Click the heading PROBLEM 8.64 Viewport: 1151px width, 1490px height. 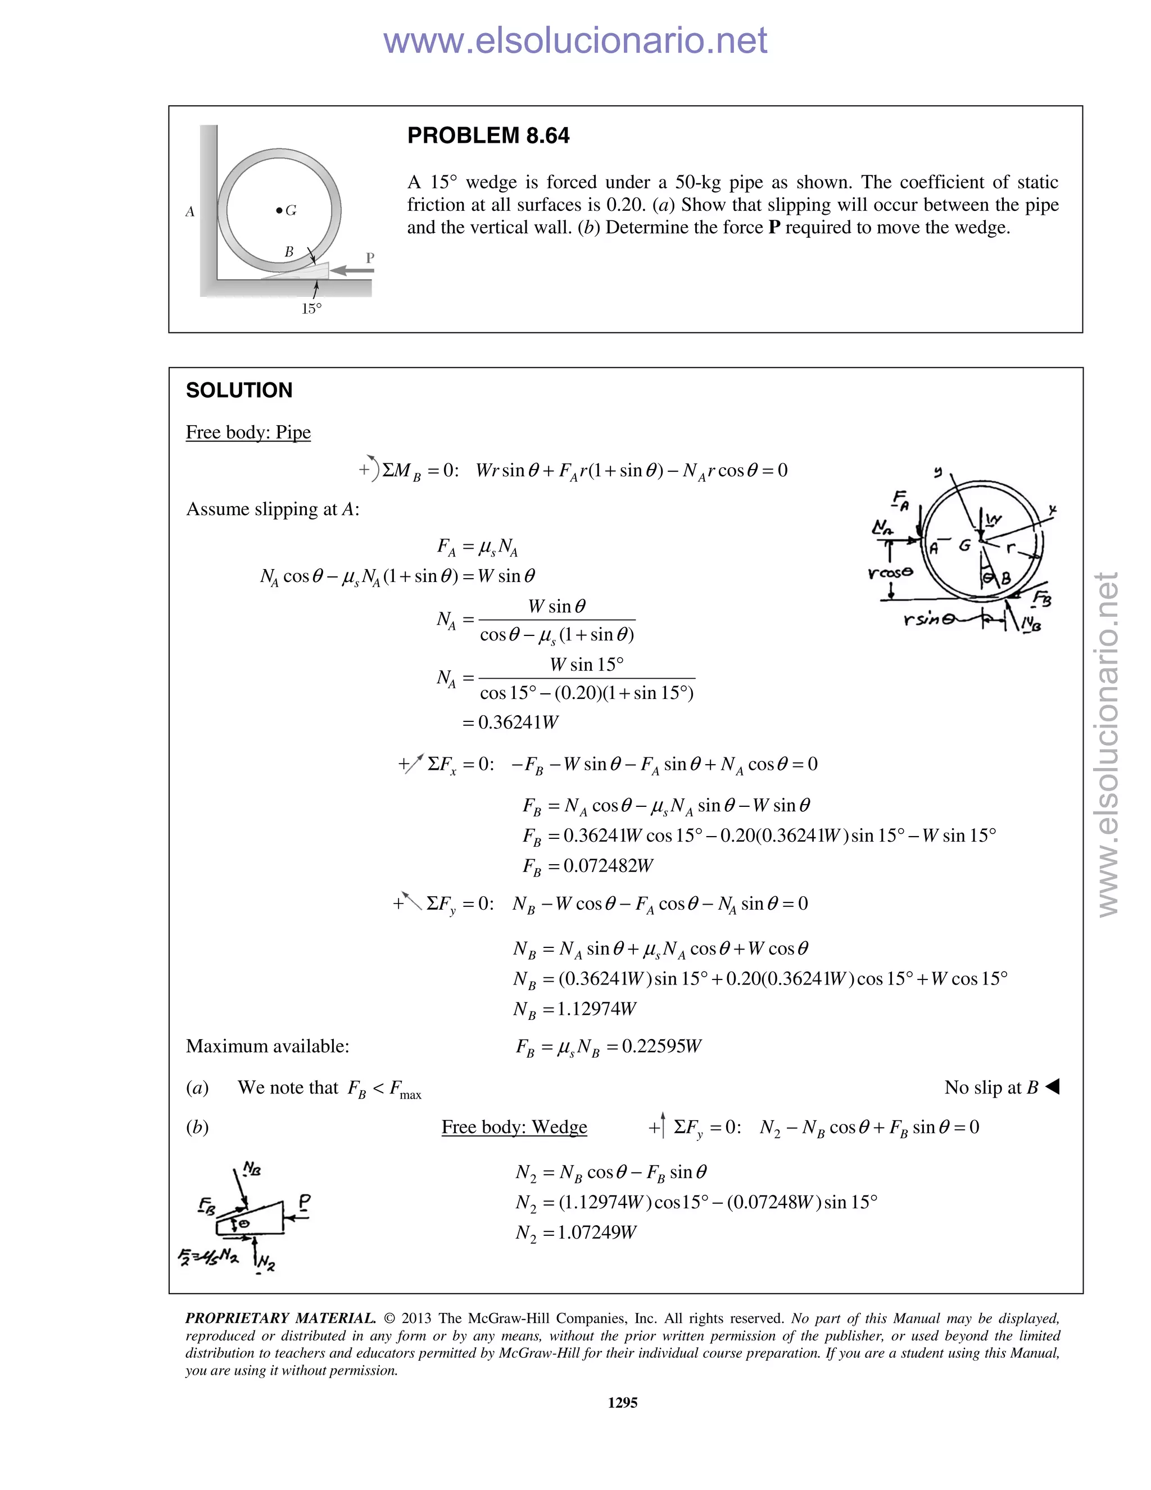click(488, 136)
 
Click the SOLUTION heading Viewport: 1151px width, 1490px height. click(239, 390)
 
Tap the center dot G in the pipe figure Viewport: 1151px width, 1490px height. click(279, 211)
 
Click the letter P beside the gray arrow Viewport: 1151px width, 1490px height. click(370, 258)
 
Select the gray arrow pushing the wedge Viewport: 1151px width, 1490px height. click(352, 271)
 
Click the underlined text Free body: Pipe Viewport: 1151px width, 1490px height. click(248, 432)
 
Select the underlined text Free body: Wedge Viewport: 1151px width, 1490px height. click(514, 1127)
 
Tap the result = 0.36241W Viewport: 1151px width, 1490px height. click(510, 723)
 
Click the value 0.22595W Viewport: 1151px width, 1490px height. click(661, 1046)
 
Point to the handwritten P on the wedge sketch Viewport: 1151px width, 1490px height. click(305, 1202)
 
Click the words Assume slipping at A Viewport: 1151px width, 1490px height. click(273, 509)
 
